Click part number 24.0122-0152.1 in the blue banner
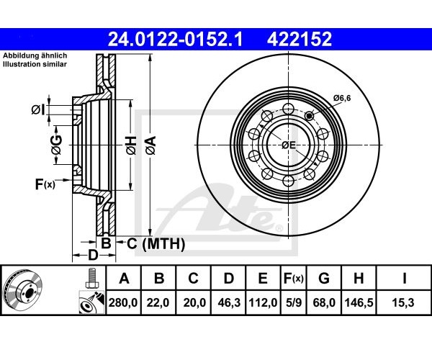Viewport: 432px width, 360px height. point(175,40)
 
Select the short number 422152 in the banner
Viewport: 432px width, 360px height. point(300,40)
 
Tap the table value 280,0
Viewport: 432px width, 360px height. point(123,303)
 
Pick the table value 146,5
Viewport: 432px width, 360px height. point(359,303)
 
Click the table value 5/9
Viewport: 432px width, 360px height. point(294,303)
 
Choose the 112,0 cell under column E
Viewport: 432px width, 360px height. point(263,303)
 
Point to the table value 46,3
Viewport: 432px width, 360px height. point(229,303)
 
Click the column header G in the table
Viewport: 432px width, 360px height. point(324,278)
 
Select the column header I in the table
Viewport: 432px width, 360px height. point(404,278)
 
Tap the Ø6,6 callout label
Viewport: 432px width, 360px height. point(342,98)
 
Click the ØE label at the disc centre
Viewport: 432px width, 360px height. point(289,145)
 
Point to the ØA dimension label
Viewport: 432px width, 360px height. point(150,145)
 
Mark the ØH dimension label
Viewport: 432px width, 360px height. point(131,145)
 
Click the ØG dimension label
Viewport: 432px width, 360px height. point(56,145)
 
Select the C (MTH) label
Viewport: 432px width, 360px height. point(156,244)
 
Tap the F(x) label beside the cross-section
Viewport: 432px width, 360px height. point(45,184)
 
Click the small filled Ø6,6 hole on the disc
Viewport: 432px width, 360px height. point(310,116)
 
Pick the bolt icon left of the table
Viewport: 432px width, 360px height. point(92,278)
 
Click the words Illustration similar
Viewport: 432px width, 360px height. point(35,65)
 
